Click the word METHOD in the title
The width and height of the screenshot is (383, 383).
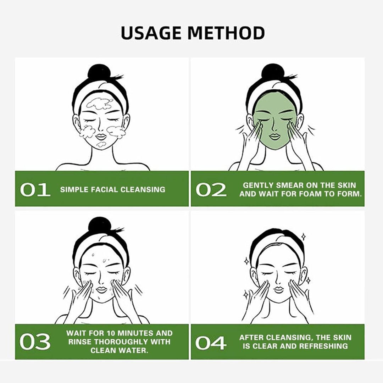(226, 33)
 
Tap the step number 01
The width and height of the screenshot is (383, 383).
(35, 190)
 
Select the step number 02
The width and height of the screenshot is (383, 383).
(211, 190)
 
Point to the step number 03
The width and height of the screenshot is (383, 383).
(35, 342)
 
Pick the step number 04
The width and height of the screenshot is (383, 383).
(211, 343)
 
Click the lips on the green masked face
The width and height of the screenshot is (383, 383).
(274, 136)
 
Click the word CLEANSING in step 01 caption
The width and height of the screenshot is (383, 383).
(143, 190)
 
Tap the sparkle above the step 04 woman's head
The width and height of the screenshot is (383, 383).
(304, 237)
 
